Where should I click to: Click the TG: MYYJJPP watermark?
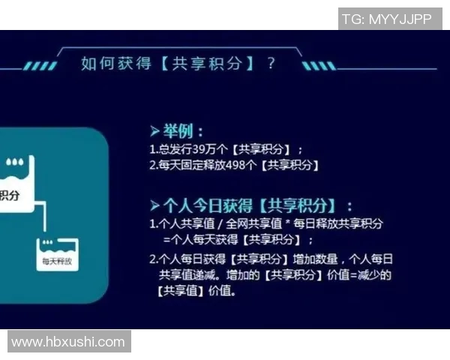386,19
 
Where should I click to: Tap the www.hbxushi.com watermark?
68,342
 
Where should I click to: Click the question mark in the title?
271,64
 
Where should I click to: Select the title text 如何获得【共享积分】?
168,64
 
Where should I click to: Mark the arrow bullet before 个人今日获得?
154,204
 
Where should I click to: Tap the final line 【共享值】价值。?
196,291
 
